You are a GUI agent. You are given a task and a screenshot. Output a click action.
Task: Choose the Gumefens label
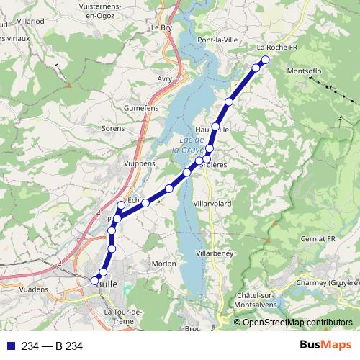pos(140,105)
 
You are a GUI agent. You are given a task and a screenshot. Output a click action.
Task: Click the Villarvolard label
pos(212,204)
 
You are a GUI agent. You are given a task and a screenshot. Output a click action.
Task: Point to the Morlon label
pos(163,264)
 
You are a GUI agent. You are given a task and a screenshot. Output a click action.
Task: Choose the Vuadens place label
pos(32,289)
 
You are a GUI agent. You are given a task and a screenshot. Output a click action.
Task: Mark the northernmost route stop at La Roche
pos(265,60)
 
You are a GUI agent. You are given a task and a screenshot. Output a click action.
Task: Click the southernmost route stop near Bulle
pos(95,280)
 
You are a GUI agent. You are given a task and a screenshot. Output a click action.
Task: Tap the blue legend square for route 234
pos(9,346)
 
